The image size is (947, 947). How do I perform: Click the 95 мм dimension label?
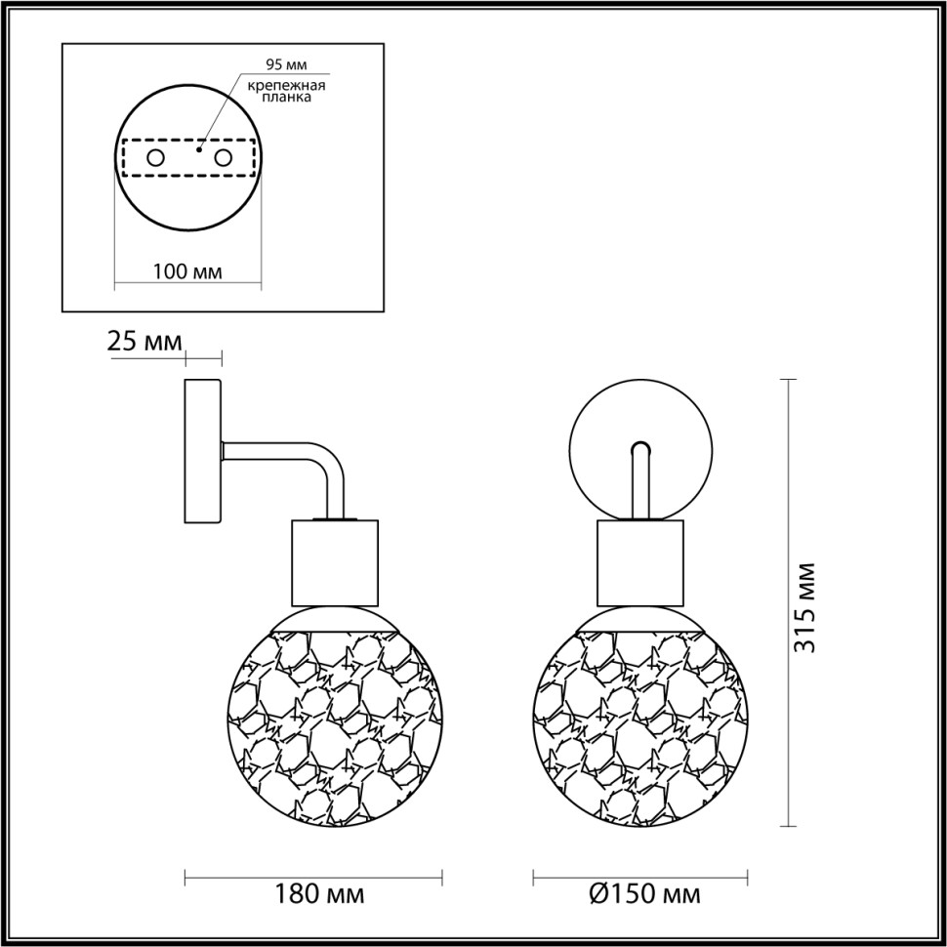tap(286, 65)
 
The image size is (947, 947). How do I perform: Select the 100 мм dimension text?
tap(187, 271)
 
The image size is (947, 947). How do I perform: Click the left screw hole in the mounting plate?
tap(155, 157)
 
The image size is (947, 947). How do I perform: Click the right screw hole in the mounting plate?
tap(224, 157)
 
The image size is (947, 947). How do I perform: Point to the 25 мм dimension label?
tap(144, 342)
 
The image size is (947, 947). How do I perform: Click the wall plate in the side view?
tap(203, 450)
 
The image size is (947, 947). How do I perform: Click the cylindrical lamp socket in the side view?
tap(334, 562)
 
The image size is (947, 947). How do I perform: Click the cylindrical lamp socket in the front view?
tap(640, 562)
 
